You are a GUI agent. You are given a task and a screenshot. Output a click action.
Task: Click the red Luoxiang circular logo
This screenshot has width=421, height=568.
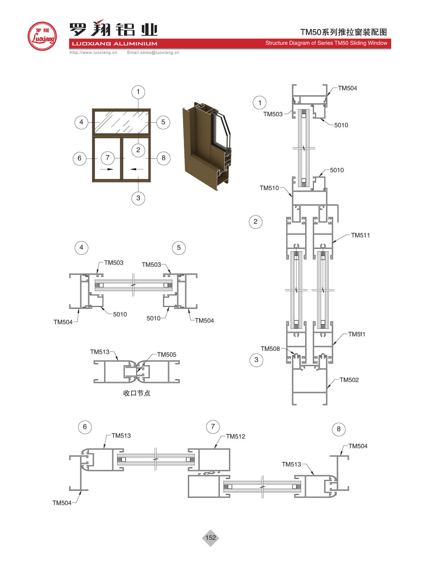tap(42, 36)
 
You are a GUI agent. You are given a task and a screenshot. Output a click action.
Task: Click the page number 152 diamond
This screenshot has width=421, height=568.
tap(210, 538)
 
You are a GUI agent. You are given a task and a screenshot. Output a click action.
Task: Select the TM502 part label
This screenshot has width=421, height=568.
tap(349, 380)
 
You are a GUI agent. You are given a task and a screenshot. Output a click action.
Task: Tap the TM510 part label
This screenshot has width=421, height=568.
tap(269, 188)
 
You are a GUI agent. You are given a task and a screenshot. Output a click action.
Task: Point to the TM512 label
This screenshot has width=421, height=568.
tap(235, 436)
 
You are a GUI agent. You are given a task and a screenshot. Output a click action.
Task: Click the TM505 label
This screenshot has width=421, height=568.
tap(166, 354)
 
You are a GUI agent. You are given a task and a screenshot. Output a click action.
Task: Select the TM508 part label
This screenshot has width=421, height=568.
tap(270, 349)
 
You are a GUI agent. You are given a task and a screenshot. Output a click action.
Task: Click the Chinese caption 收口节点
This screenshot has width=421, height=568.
tap(136, 393)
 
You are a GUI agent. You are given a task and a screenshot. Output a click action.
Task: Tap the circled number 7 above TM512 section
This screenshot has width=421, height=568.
tap(213, 426)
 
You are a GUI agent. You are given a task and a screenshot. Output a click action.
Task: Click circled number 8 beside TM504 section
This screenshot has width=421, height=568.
tap(339, 429)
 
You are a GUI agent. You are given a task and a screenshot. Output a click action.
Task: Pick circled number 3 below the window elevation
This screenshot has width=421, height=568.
tap(138, 198)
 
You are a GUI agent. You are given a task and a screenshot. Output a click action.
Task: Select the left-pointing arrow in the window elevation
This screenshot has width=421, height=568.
tap(136, 169)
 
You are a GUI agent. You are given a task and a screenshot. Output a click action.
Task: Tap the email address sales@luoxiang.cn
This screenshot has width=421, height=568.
tap(153, 52)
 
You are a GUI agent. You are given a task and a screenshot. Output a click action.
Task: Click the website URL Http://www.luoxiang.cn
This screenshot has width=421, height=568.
tap(93, 52)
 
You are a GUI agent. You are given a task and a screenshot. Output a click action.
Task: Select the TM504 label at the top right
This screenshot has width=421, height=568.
tap(347, 88)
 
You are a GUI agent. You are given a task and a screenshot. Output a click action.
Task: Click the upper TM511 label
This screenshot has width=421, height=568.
tap(360, 235)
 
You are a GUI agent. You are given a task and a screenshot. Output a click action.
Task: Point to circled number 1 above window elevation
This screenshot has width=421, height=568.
tap(138, 92)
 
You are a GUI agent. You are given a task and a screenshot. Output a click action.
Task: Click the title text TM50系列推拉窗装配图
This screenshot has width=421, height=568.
tap(343, 32)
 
